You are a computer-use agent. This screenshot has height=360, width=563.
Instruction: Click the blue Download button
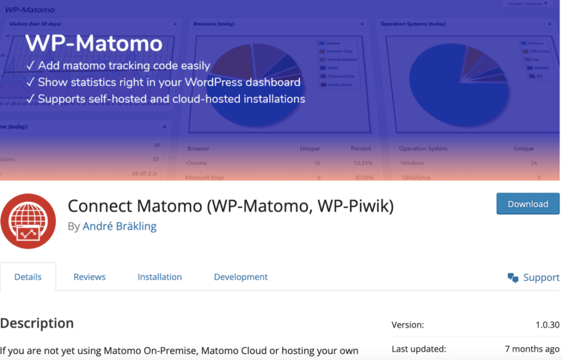(528, 204)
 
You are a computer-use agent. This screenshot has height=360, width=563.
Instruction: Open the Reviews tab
(90, 277)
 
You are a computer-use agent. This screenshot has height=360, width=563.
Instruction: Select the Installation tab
(159, 277)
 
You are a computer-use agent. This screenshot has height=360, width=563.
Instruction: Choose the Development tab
(241, 277)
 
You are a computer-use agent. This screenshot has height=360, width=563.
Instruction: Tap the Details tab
(28, 277)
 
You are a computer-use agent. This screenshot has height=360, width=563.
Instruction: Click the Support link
(541, 278)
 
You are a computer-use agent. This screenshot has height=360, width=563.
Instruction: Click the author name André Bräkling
(119, 226)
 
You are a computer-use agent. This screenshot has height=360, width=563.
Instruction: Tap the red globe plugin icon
(28, 220)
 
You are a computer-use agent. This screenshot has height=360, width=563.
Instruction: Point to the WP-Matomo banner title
(94, 43)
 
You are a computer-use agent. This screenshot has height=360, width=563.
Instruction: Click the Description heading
(37, 323)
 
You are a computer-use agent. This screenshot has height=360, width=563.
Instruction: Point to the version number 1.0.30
(548, 325)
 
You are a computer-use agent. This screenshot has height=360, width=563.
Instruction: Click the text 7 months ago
(532, 349)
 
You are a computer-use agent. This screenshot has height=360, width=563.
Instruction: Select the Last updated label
(418, 349)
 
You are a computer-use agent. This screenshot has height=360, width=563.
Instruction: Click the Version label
(407, 325)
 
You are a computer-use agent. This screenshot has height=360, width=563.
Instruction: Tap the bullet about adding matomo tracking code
(118, 66)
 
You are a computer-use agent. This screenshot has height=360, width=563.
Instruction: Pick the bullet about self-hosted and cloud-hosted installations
(165, 99)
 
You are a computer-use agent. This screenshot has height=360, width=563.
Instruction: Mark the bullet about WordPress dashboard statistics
(163, 82)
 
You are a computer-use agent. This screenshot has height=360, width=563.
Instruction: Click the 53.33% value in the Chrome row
(363, 163)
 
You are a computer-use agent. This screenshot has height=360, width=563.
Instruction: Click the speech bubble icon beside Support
(513, 278)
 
